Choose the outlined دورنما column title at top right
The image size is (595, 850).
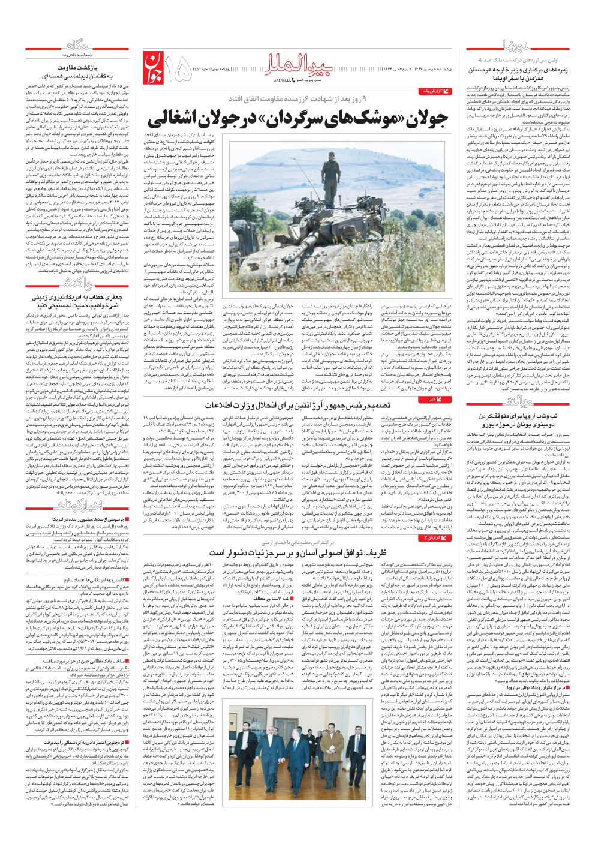click(x=517, y=46)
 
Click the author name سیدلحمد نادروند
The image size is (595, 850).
click(x=79, y=56)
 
